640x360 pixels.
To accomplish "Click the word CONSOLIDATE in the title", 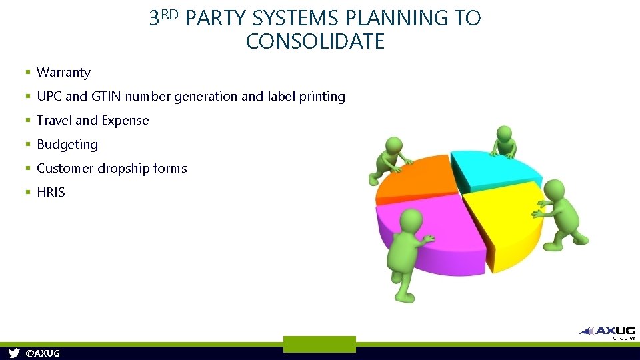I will (x=315, y=42).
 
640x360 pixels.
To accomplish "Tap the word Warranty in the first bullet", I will (x=63, y=73).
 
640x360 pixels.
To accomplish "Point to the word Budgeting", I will (x=67, y=145).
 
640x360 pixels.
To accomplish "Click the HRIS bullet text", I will (x=51, y=193).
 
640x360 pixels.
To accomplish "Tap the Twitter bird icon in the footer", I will (x=13, y=353).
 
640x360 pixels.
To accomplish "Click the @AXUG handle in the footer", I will (x=43, y=353).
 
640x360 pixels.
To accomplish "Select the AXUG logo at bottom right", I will (x=609, y=331).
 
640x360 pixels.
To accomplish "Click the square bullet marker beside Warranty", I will (x=28, y=73).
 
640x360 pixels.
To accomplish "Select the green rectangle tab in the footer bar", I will (x=319, y=344).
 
